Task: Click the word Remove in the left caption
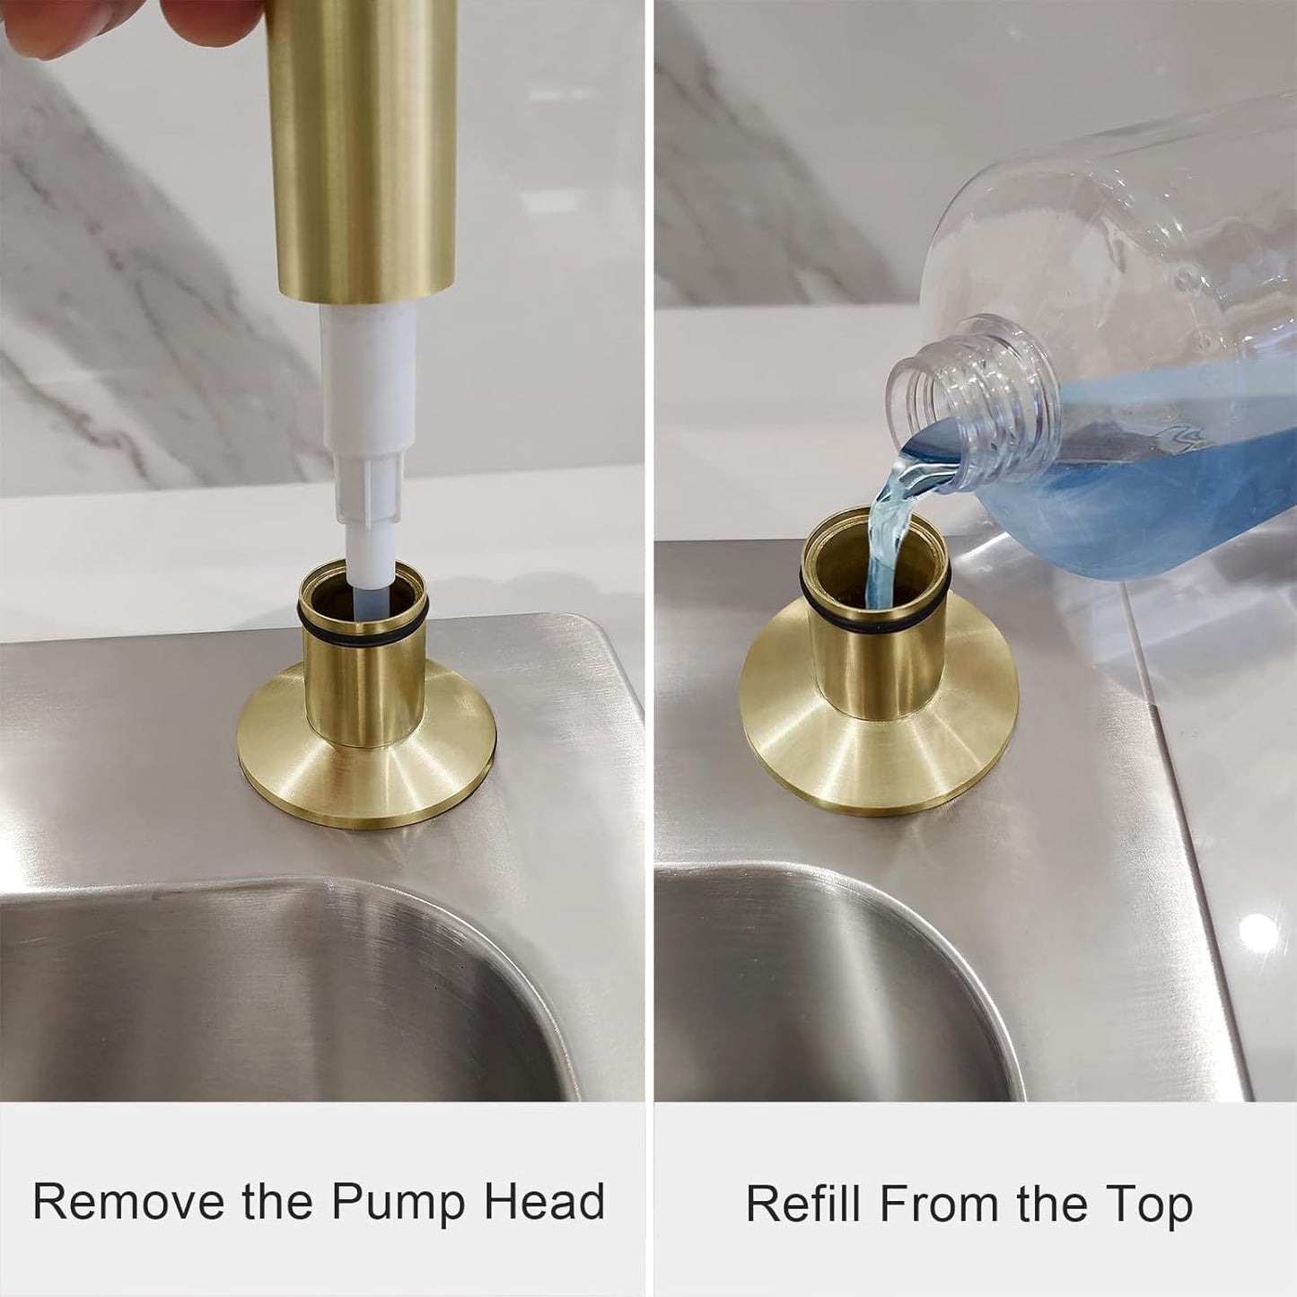point(128,1201)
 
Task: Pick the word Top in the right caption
point(1148,1203)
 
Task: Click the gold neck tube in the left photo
point(363,691)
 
